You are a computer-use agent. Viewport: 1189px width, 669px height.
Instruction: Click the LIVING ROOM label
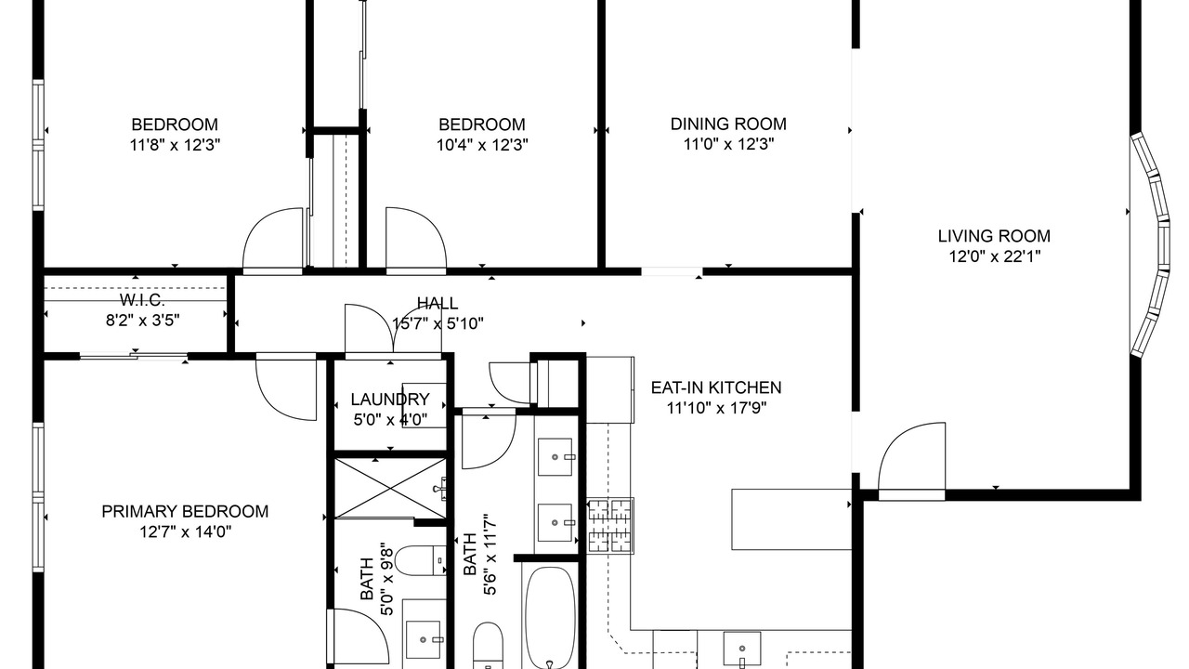994,236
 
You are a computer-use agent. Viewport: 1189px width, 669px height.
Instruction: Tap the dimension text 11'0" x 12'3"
728,144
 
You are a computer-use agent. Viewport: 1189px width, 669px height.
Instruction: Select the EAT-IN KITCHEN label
716,387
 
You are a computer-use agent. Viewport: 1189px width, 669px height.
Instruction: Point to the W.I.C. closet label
142,300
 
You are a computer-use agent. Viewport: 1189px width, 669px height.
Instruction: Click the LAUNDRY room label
390,399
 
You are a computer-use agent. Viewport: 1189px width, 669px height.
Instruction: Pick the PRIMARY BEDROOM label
185,511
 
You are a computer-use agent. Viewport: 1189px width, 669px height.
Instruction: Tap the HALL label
438,303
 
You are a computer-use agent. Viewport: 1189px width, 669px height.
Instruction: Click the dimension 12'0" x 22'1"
994,256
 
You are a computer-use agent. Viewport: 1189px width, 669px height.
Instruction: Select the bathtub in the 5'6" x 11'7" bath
550,617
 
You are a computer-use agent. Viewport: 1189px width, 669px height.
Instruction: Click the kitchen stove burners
610,526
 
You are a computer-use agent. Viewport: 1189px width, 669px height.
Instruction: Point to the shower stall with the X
390,488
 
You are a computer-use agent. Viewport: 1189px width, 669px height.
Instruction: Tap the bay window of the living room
1150,244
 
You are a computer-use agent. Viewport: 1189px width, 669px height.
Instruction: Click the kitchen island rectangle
791,519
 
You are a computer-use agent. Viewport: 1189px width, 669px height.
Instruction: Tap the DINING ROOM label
728,124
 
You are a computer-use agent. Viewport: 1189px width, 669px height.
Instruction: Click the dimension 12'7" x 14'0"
185,531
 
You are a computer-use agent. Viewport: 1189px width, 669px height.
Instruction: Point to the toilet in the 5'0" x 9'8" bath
421,560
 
